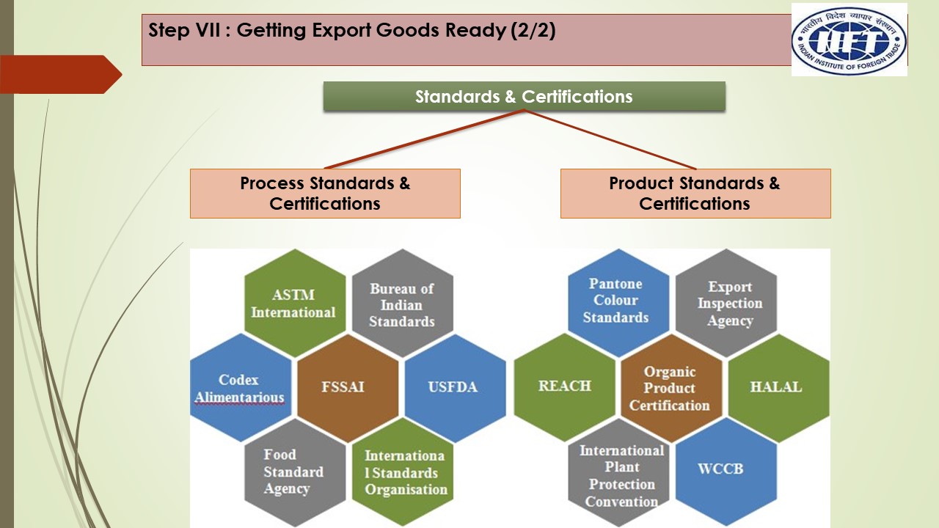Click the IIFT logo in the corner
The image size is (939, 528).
coord(849,40)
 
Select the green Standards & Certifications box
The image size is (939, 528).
coord(524,96)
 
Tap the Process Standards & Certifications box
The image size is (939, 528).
coord(325,194)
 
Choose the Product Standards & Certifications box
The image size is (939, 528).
coord(695,194)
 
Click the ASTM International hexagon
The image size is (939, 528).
coord(295,304)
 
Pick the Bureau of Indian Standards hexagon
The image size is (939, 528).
coord(403,304)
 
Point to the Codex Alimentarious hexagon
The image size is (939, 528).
coord(241,388)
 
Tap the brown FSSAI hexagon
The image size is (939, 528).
coord(348,388)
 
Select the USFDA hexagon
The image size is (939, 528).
coord(456,388)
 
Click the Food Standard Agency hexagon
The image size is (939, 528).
coord(295,472)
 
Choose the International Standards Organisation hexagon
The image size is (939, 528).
coord(403,472)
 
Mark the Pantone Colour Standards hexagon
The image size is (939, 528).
coord(618,304)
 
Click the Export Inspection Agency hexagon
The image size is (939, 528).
coord(726,304)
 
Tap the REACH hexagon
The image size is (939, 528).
coord(565,388)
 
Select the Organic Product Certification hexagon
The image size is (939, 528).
coord(671,388)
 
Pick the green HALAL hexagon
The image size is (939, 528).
coord(779,388)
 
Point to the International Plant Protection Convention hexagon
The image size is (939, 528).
coord(618,472)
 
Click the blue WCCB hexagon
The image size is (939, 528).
coord(726,472)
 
